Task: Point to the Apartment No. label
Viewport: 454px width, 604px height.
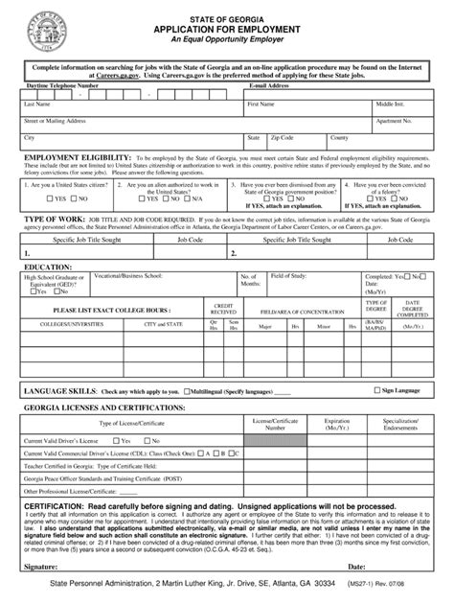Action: (x=395, y=121)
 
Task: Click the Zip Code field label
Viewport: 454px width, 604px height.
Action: (x=283, y=137)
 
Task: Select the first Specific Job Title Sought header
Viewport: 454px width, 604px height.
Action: (x=72, y=242)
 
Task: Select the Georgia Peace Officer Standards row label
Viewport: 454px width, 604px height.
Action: (x=101, y=476)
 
